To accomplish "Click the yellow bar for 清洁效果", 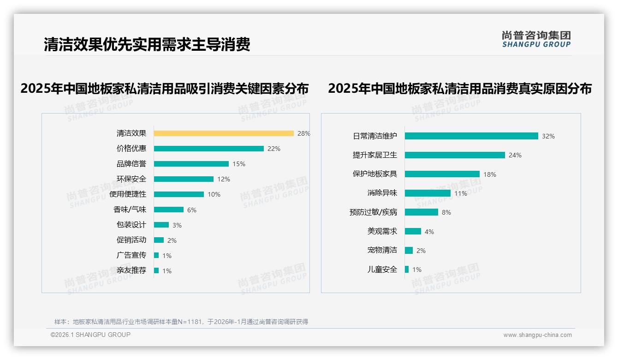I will (x=224, y=133).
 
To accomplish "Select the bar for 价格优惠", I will (x=208, y=149).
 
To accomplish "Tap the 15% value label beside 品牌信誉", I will (x=239, y=164).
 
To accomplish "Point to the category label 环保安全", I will (x=131, y=179).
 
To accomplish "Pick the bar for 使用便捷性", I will (x=179, y=194).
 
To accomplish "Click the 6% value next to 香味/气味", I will (x=192, y=210).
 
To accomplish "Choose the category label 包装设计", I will (x=131, y=225).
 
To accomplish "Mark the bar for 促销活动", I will (x=159, y=240).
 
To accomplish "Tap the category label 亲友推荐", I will (x=131, y=270).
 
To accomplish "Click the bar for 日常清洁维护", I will (x=471, y=136).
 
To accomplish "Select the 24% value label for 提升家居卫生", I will (x=515, y=156).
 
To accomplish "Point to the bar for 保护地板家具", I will (x=442, y=174).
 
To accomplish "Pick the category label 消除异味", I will (x=382, y=193).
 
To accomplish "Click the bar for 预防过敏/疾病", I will (x=422, y=212).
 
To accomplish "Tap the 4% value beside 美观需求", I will (x=429, y=232).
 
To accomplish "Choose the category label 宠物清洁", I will (x=382, y=250).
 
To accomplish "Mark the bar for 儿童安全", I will (x=407, y=270).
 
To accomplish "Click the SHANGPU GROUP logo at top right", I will (x=536, y=39).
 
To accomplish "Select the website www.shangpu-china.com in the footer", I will (x=537, y=335).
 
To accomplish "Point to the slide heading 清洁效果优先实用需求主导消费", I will (x=147, y=45).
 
